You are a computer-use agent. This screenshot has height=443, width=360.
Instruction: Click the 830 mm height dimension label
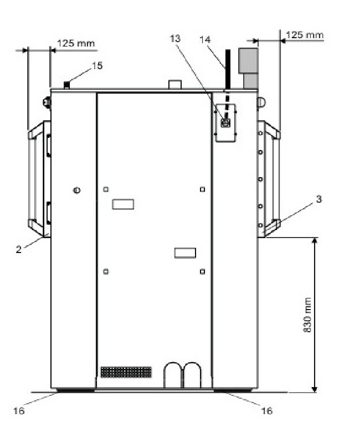(x=307, y=315)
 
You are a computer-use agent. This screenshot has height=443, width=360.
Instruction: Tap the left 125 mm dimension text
(x=76, y=43)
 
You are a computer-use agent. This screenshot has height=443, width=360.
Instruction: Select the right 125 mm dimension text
(x=305, y=35)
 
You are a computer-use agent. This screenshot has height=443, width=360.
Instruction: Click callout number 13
(x=175, y=38)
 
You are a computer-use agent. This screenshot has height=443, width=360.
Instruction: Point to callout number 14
(x=205, y=39)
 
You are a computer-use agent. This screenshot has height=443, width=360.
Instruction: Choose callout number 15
(x=97, y=65)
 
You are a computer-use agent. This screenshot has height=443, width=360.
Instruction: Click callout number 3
(x=319, y=199)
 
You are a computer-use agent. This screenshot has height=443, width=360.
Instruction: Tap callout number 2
(x=18, y=249)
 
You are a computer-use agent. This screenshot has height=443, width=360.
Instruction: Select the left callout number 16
(x=19, y=410)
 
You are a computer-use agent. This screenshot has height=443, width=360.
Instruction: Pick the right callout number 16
(x=267, y=410)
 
